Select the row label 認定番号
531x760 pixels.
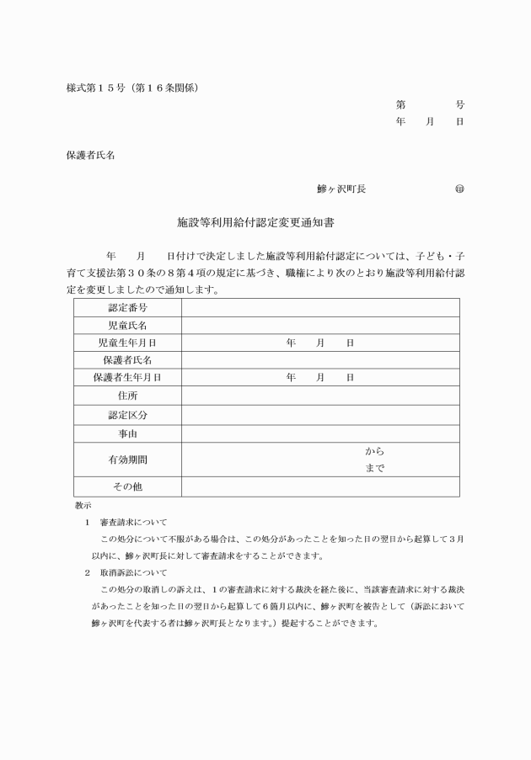[127, 308]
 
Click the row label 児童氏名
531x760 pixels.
[127, 326]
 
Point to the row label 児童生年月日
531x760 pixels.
[127, 343]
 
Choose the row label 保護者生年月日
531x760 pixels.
[127, 378]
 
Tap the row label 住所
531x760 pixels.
[127, 396]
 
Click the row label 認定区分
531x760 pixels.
[127, 415]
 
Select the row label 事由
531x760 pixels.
[127, 434]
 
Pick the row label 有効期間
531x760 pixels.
[127, 460]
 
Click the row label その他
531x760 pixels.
[127, 486]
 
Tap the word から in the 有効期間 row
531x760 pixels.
[374, 452]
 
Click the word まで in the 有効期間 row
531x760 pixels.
[374, 469]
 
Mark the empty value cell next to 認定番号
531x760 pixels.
[320, 308]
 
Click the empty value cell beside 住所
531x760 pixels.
[320, 396]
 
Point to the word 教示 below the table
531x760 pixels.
[83, 506]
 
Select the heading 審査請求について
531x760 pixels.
[133, 523]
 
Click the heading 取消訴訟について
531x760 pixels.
[133, 572]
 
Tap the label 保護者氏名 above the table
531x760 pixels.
[90, 156]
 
